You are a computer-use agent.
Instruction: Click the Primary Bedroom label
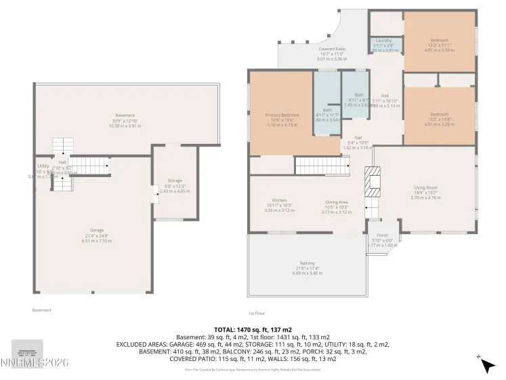(282, 115)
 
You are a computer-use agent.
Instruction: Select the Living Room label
(426, 187)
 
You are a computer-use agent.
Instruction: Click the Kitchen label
(279, 201)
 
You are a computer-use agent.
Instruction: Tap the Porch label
(382, 235)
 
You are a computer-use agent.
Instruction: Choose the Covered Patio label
(332, 50)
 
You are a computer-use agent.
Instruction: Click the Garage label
(97, 230)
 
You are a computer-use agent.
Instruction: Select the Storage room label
(175, 180)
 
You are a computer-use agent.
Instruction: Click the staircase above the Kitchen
(322, 165)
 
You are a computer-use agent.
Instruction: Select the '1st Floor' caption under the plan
(255, 313)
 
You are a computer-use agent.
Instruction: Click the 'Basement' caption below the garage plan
(42, 310)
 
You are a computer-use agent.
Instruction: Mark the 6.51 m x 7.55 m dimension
(97, 241)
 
